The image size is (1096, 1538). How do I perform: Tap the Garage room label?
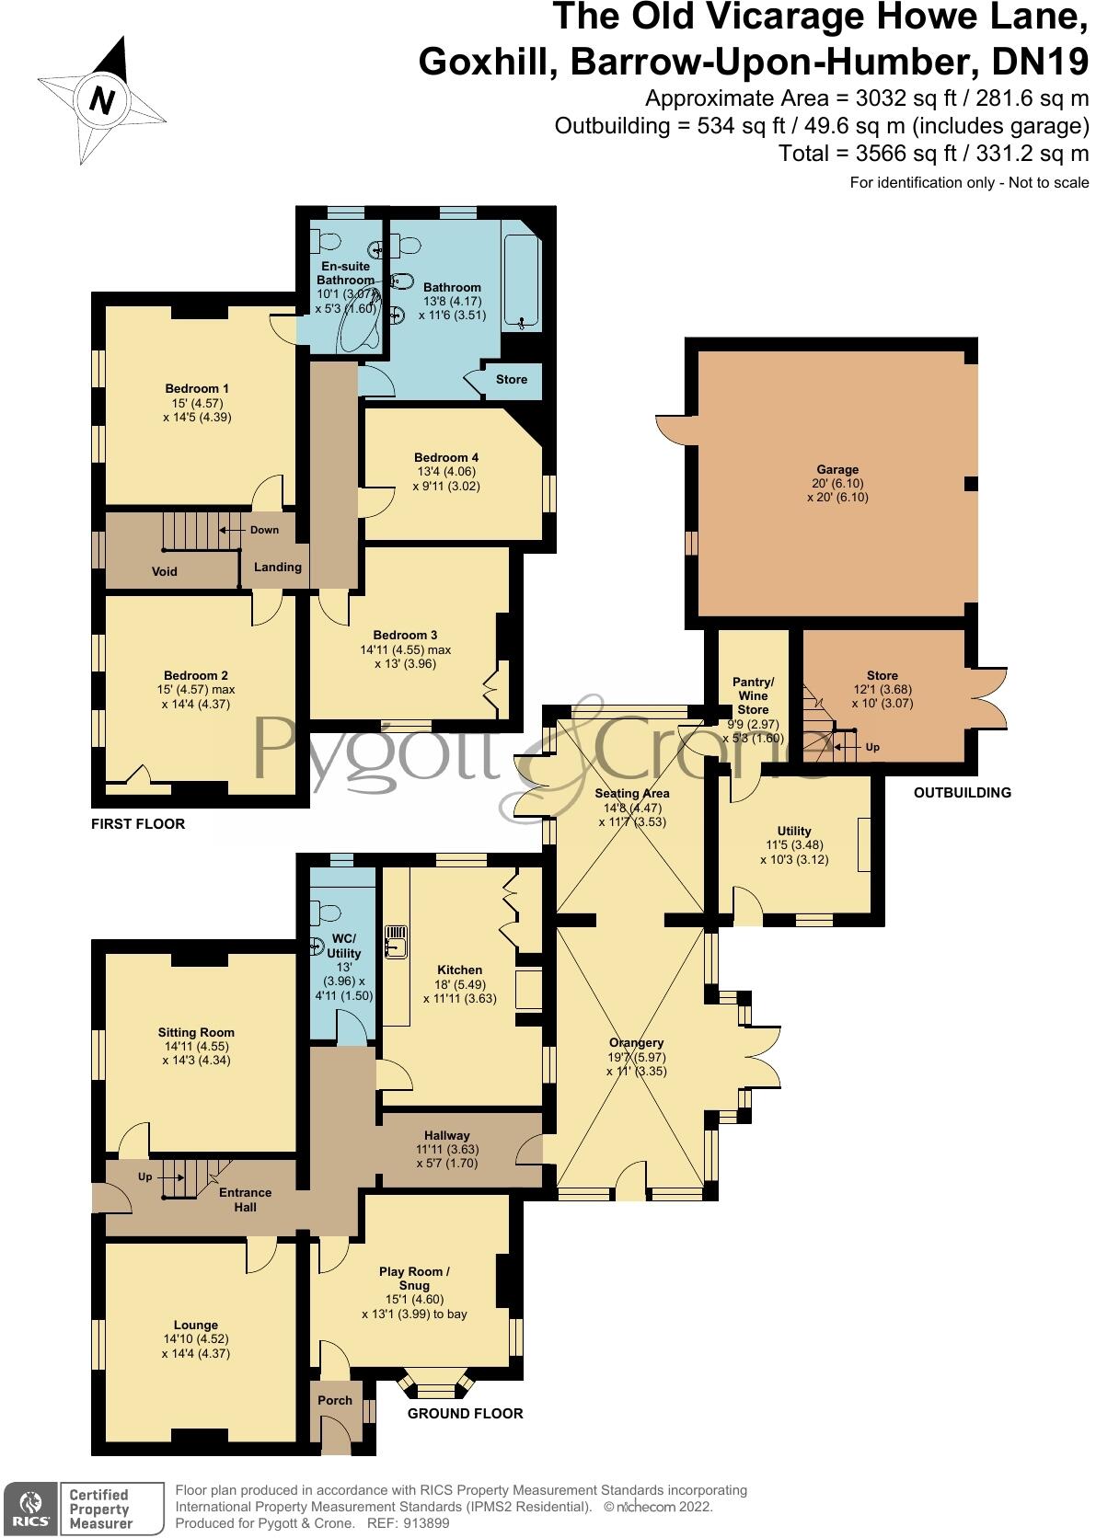point(837,469)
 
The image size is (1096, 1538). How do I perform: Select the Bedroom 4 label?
point(446,458)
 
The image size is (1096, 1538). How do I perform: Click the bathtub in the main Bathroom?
point(522,276)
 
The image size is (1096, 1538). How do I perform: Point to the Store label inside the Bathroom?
point(512,379)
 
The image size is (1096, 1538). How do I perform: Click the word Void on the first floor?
point(165,571)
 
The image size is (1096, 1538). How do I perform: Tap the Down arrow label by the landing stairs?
point(264,530)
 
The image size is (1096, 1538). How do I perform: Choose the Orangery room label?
point(637,1043)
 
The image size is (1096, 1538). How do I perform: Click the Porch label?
point(335,1400)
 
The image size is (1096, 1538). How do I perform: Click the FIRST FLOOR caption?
point(138,824)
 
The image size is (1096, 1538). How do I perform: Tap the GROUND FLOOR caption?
point(466,1414)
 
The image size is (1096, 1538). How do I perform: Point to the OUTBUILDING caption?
point(963,793)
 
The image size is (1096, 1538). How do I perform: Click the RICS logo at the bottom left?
point(29,1509)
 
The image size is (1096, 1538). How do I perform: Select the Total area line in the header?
point(933,154)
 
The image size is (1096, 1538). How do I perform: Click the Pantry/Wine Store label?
point(754,695)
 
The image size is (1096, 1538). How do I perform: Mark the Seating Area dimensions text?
point(631,815)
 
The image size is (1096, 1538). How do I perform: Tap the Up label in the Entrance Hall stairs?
point(145,1177)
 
